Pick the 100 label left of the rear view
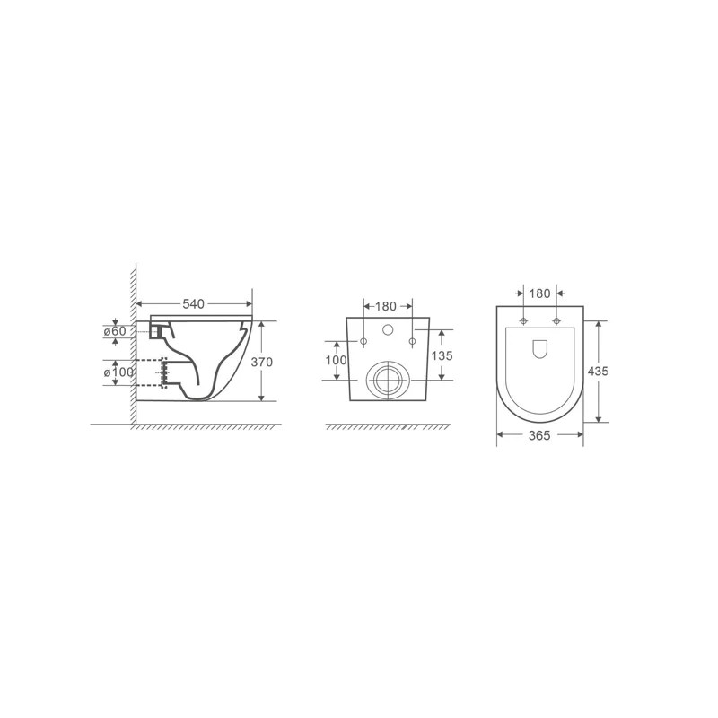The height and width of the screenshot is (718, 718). click(x=336, y=360)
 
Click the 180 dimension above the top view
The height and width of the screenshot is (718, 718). click(x=540, y=293)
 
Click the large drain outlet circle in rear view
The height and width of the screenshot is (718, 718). click(x=388, y=379)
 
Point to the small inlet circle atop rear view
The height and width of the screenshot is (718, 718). click(x=388, y=330)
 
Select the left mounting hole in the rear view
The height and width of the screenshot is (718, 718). click(x=363, y=342)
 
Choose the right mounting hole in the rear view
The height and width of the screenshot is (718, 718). click(x=413, y=342)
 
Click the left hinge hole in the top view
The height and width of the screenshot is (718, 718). click(x=523, y=321)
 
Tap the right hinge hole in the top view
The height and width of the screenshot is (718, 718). click(x=556, y=321)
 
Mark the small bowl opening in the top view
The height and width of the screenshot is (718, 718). click(x=540, y=351)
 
